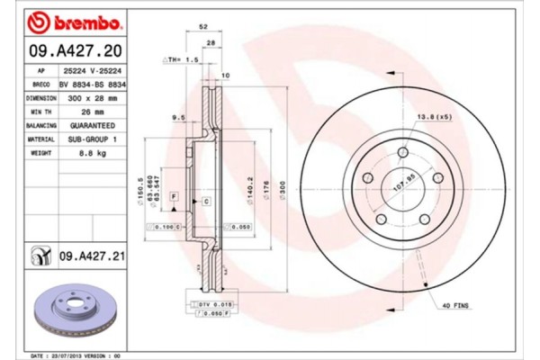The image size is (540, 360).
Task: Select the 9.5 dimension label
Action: (178, 117)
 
